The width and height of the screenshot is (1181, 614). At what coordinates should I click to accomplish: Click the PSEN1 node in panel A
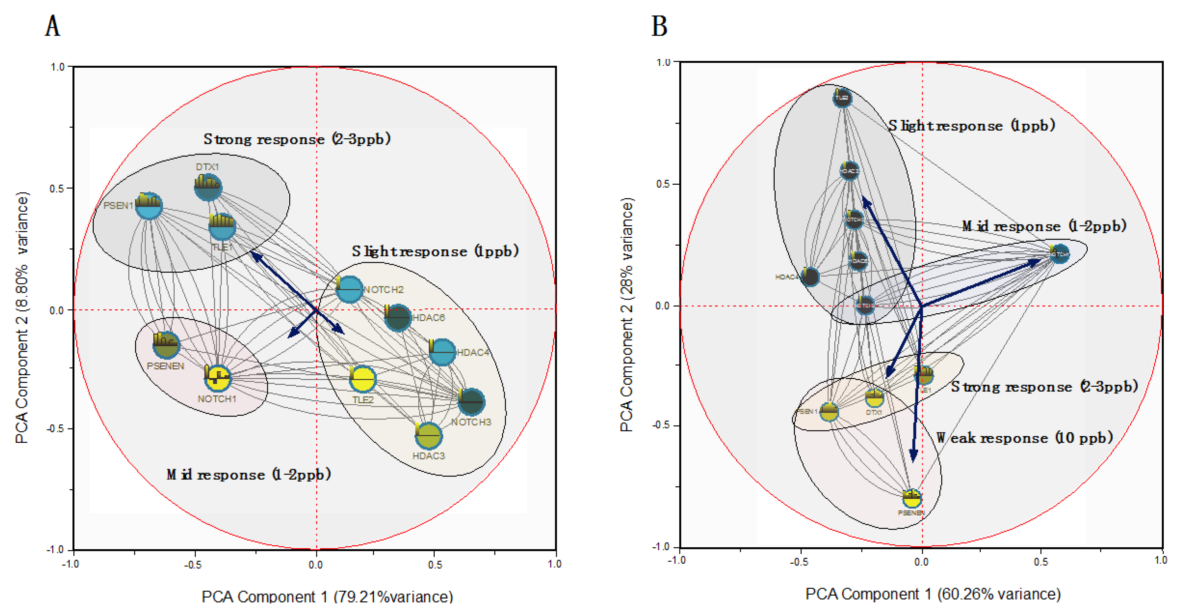coord(149,207)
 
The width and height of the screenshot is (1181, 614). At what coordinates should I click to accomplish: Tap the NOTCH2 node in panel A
coord(349,290)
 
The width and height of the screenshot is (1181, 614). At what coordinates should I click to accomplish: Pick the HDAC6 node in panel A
coord(397,317)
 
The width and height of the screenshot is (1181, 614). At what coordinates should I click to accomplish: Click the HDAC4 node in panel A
coord(442,352)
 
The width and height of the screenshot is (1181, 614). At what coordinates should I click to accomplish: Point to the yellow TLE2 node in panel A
coord(363,379)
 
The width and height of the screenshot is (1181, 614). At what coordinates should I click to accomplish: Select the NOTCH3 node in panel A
coord(471,402)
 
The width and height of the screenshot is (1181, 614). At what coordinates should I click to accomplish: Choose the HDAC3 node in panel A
coord(429,435)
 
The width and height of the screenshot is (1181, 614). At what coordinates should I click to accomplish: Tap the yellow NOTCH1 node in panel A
coord(218,378)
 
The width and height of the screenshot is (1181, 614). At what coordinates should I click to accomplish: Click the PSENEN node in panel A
coord(166,345)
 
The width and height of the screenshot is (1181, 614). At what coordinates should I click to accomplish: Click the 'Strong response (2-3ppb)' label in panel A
coord(297,139)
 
